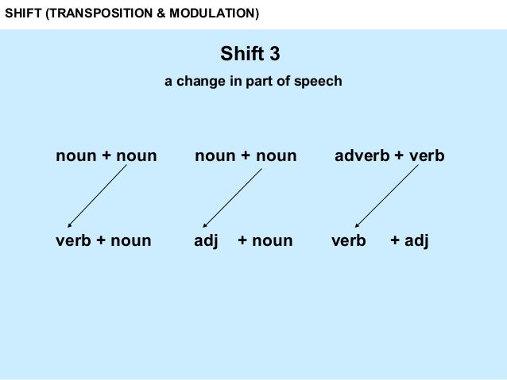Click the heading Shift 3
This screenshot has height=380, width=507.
click(250, 55)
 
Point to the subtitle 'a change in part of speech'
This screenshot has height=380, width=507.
click(253, 81)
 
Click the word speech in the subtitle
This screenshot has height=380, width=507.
click(321, 82)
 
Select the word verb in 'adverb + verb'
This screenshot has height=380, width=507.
click(427, 156)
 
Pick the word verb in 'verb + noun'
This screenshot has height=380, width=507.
click(73, 240)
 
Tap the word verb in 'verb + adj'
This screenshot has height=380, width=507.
click(348, 240)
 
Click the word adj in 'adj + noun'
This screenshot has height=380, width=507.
click(206, 241)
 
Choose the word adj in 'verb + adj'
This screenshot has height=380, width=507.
click(416, 241)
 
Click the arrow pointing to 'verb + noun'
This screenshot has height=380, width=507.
click(97, 197)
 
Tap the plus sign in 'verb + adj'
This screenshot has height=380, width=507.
click(395, 241)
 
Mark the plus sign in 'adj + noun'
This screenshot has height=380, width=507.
click(242, 241)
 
